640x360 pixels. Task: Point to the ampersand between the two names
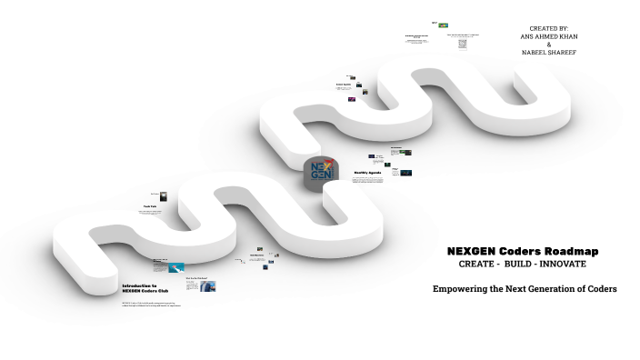(x=548, y=45)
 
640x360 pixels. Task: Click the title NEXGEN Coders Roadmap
(x=523, y=251)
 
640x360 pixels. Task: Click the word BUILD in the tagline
(x=523, y=264)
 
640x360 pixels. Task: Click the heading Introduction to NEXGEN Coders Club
(x=145, y=288)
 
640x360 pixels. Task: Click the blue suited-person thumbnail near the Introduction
(x=209, y=286)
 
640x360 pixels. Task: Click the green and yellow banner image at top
(x=443, y=25)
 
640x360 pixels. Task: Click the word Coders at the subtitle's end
(x=599, y=288)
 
